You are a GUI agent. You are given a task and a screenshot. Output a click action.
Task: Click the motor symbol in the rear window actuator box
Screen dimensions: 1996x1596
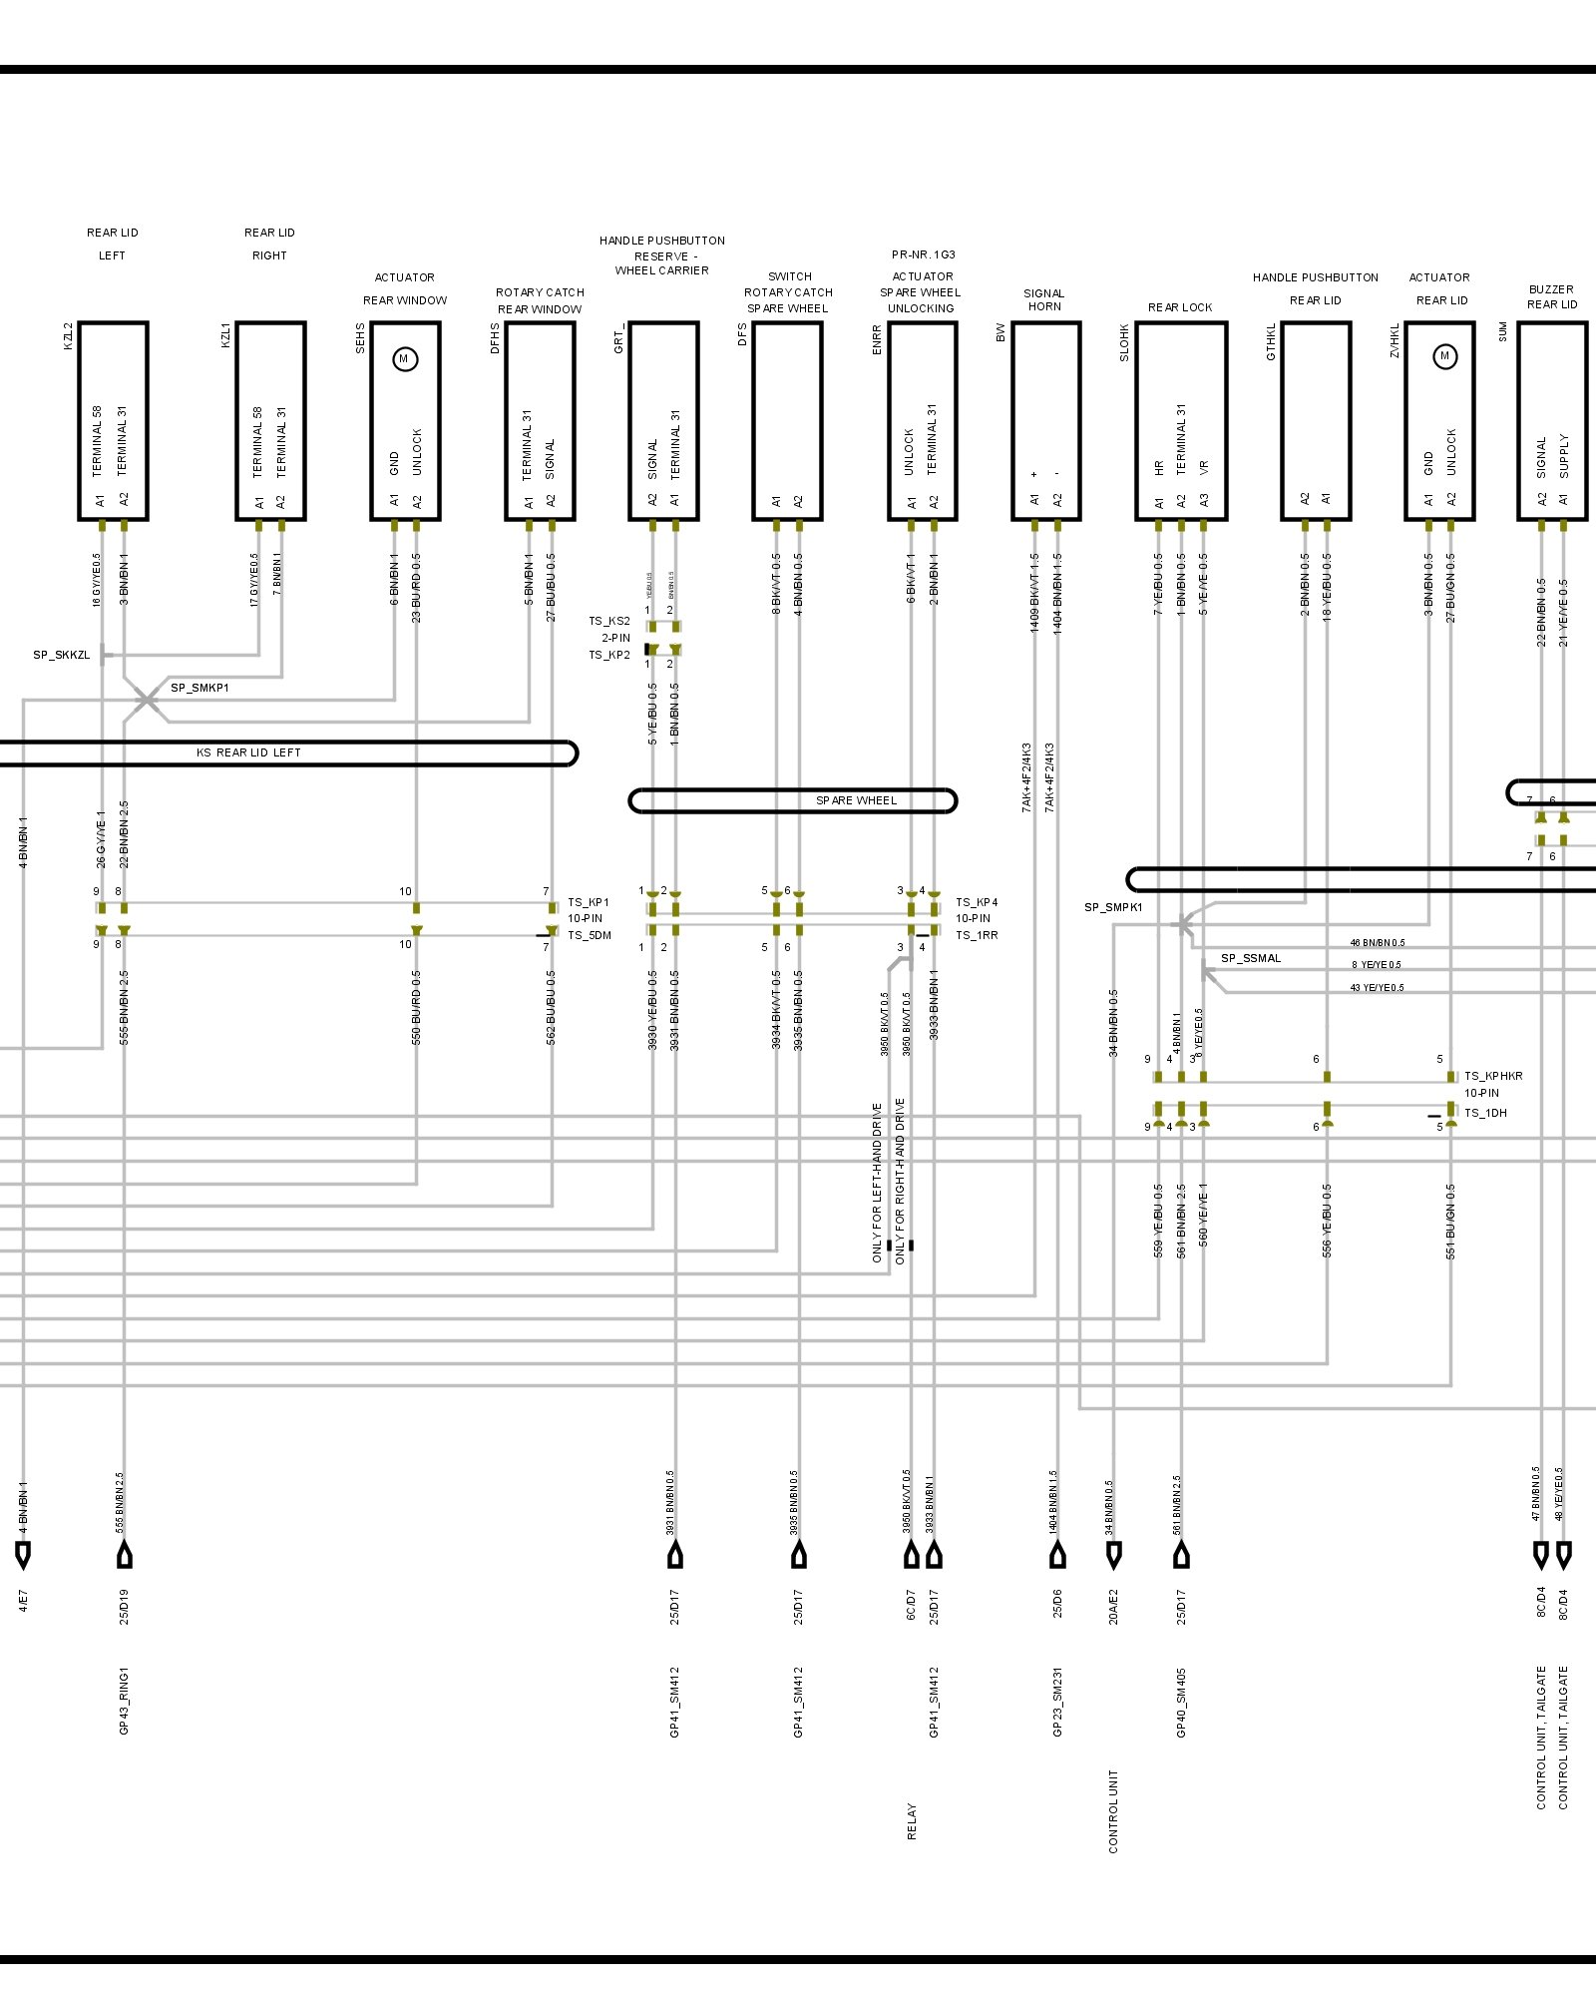[404, 359]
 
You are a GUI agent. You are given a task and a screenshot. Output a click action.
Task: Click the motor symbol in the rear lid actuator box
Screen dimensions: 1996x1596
[1444, 356]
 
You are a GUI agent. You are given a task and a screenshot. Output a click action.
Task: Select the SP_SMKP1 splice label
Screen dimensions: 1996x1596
[199, 688]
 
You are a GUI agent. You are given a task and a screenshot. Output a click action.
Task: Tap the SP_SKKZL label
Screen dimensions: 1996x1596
[61, 655]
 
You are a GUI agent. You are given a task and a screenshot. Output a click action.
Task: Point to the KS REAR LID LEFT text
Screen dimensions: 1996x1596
[248, 752]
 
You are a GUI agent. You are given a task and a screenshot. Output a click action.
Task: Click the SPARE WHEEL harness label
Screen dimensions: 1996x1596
[856, 800]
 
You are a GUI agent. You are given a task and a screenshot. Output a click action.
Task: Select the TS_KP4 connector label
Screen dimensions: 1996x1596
[976, 902]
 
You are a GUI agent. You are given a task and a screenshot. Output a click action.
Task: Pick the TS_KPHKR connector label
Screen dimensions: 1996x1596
[1493, 1076]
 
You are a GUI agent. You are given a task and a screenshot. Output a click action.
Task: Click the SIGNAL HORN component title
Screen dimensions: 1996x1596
[1044, 299]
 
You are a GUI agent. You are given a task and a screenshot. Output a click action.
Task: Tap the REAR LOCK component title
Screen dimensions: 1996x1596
[1180, 307]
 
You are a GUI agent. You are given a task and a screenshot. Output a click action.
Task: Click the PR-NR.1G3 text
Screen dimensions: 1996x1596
[923, 254]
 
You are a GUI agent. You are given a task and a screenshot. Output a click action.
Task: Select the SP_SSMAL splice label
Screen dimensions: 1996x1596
[1251, 958]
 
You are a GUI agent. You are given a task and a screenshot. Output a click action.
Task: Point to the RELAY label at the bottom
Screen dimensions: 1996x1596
[912, 1821]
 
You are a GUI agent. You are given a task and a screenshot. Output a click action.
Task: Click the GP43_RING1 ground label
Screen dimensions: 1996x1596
[124, 1701]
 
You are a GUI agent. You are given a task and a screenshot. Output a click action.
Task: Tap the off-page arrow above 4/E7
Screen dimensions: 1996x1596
[23, 1555]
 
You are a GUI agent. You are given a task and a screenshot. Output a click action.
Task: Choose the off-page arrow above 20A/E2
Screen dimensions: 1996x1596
[1113, 1555]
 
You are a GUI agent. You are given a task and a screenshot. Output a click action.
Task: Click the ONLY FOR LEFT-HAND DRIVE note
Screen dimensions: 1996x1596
[878, 1183]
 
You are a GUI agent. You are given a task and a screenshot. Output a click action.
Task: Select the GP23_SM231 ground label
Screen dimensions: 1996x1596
[1057, 1701]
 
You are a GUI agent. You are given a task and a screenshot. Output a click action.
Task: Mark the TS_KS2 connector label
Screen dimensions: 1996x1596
[608, 621]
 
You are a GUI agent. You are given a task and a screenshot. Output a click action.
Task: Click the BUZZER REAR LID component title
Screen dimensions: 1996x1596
[1551, 296]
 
